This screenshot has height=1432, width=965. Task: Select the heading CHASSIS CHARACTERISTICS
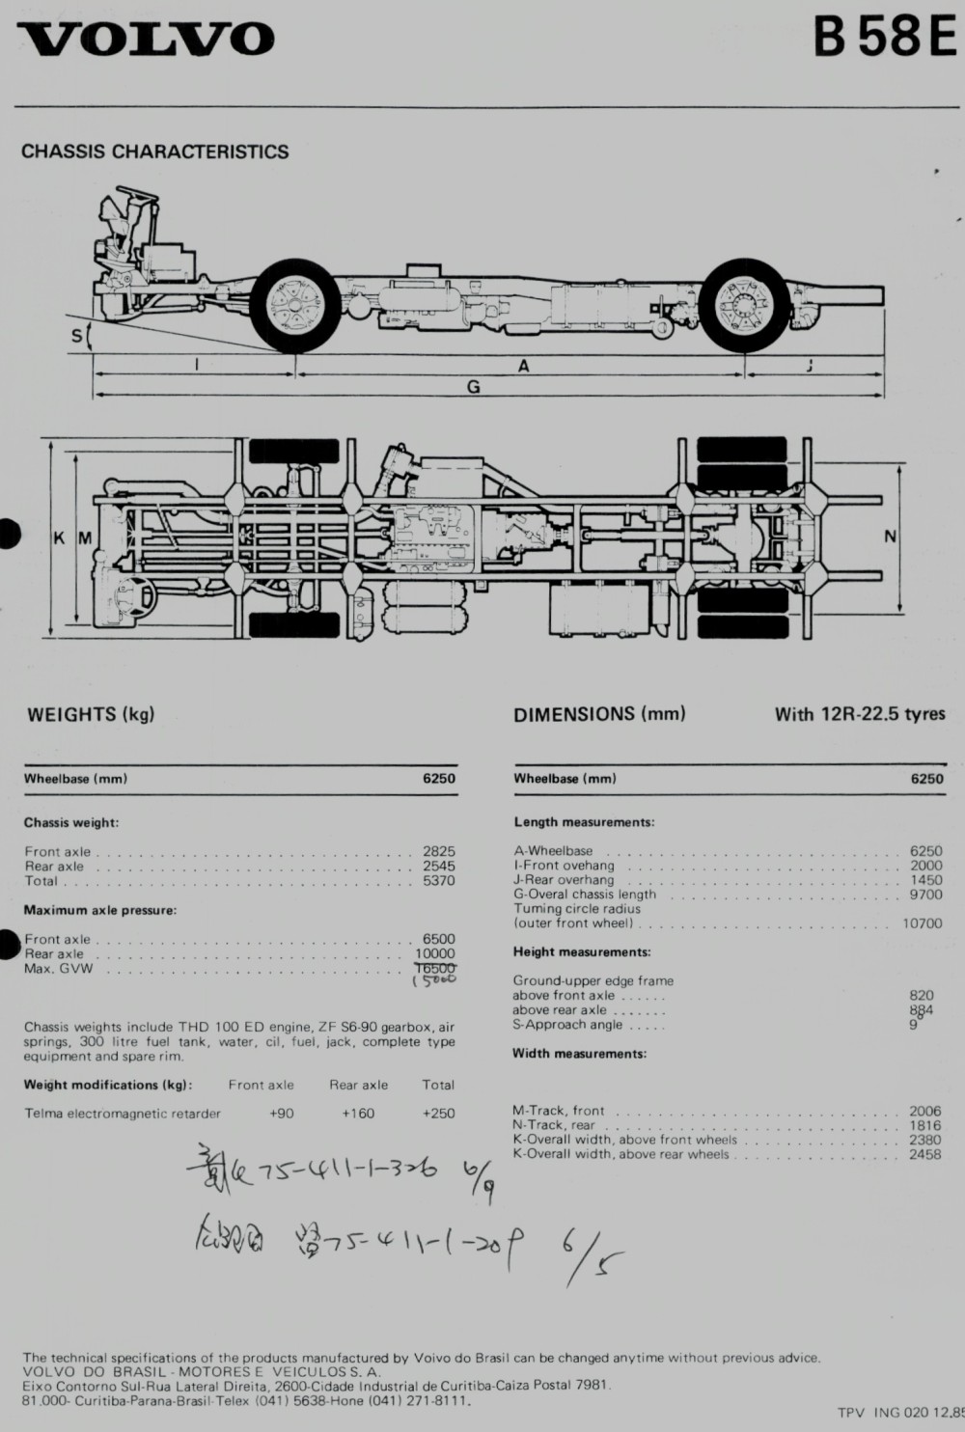(x=154, y=151)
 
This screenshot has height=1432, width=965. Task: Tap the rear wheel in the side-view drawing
(x=746, y=306)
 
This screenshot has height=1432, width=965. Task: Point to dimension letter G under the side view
(x=473, y=387)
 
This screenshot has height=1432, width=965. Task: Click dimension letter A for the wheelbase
(x=524, y=366)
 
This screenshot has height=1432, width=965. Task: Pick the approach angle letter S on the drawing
(x=77, y=336)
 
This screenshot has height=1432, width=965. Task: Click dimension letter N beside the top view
(x=890, y=537)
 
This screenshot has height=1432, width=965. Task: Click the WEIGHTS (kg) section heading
(x=90, y=715)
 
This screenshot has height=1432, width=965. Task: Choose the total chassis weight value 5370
(x=438, y=881)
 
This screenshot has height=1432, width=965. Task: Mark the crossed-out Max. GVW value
(x=434, y=968)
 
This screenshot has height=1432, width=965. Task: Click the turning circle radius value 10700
(x=922, y=923)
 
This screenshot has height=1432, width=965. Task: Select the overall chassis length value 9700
(x=925, y=895)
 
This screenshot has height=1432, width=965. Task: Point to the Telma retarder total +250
(x=438, y=1114)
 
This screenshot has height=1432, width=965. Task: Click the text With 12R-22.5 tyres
(x=859, y=715)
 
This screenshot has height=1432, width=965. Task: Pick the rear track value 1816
(x=924, y=1125)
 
